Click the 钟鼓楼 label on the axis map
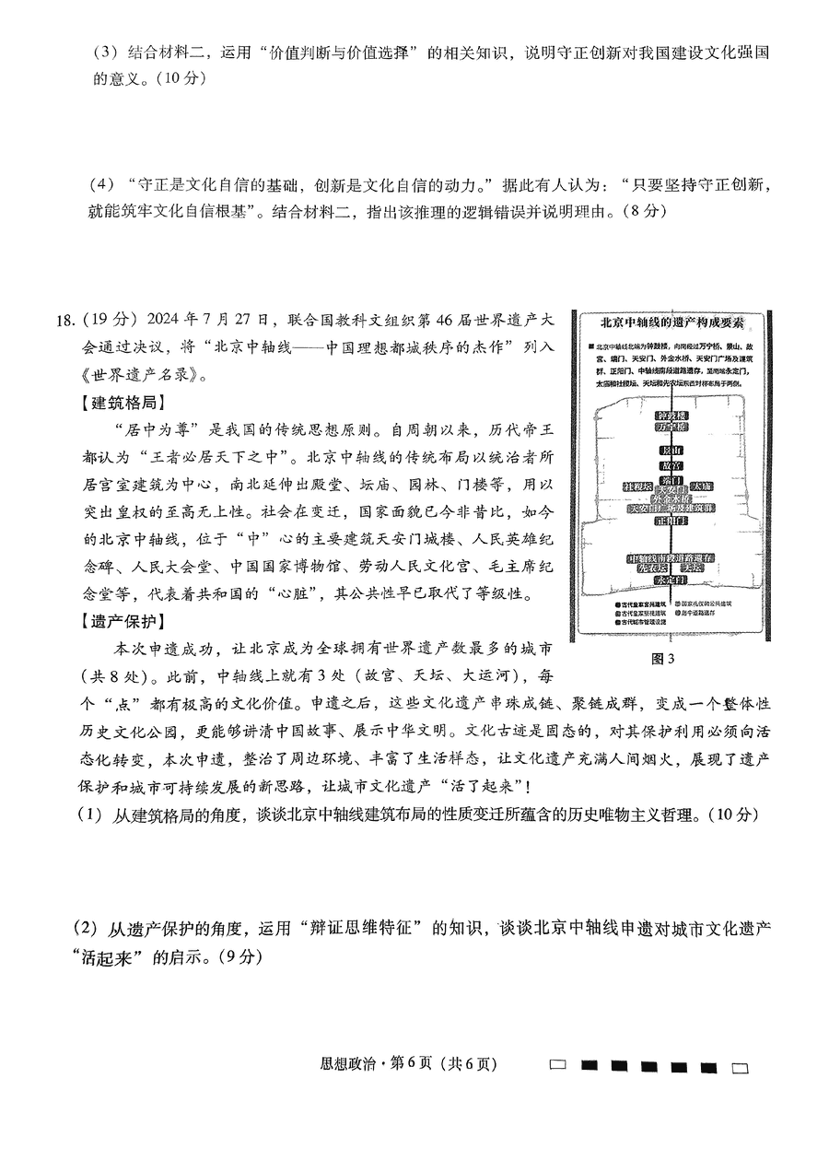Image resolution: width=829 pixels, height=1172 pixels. (x=671, y=415)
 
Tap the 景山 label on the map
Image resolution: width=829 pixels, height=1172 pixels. (x=671, y=451)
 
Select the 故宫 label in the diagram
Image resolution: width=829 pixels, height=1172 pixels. (x=671, y=467)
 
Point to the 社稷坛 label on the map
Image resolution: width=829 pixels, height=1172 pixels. (x=637, y=486)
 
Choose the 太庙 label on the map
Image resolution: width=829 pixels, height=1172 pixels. (x=703, y=486)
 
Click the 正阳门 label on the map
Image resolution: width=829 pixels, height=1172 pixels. (x=671, y=521)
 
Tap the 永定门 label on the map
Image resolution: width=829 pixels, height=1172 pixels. (x=671, y=580)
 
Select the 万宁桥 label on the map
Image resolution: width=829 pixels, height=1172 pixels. (x=671, y=428)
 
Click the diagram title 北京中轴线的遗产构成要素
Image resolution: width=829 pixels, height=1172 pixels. (x=671, y=322)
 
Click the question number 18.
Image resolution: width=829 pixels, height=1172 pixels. (x=64, y=321)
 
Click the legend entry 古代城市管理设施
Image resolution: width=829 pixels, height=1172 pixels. (x=636, y=623)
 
